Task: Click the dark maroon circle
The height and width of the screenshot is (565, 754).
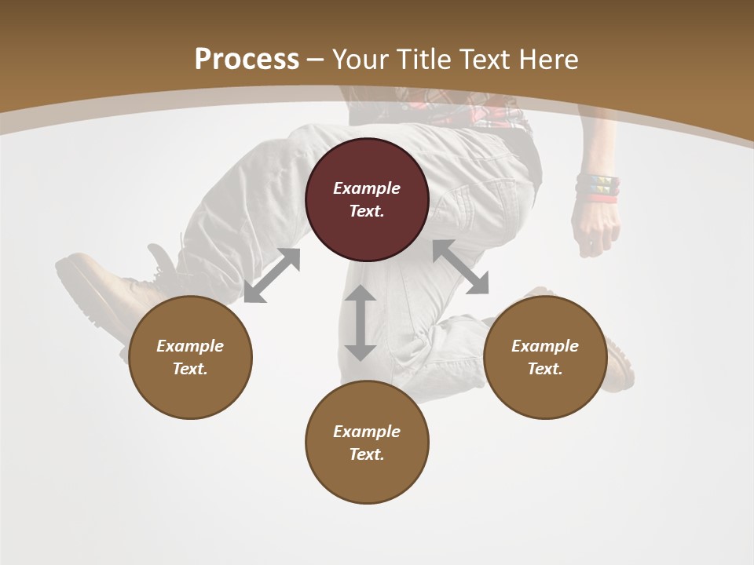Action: [367, 200]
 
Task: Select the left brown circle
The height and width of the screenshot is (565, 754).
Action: [190, 358]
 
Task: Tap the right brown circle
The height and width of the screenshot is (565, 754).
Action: [545, 358]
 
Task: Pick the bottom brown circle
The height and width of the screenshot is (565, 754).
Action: [367, 443]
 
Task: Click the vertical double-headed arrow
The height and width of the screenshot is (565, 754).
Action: [361, 323]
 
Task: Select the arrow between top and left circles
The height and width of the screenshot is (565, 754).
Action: [272, 275]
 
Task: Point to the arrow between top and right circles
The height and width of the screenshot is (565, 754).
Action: [460, 268]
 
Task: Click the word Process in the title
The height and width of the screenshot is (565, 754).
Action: [247, 59]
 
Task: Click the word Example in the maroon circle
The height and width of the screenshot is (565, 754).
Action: [367, 188]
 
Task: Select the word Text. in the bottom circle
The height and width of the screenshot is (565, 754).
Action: [367, 454]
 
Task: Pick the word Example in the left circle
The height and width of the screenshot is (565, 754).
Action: [190, 346]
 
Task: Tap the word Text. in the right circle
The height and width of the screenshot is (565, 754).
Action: [545, 369]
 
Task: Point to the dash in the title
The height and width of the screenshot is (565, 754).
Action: [316, 60]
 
